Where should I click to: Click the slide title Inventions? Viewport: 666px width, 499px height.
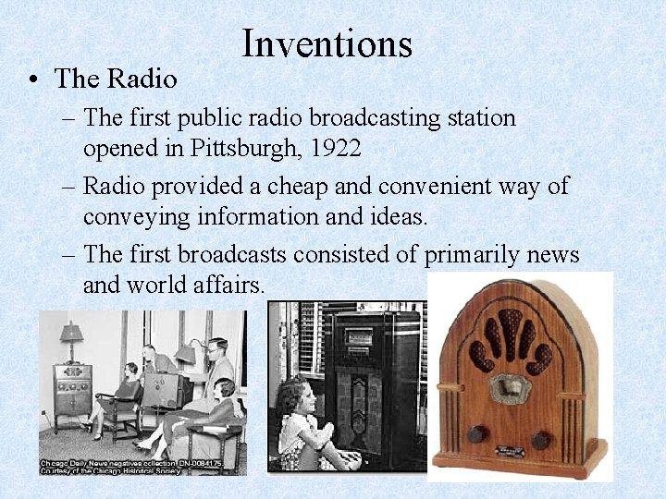[x=327, y=43]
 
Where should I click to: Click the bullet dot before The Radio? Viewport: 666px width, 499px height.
[x=32, y=79]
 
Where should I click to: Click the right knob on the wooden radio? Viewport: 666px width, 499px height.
[x=541, y=440]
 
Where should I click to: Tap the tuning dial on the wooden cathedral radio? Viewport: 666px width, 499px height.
[x=508, y=388]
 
